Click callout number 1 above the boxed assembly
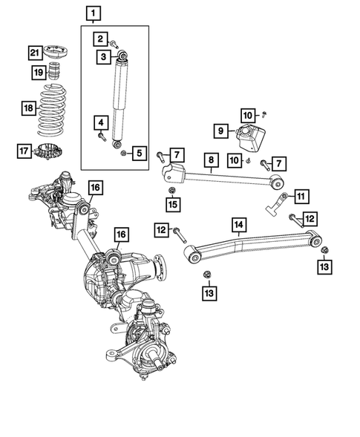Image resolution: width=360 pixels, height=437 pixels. [x=92, y=13]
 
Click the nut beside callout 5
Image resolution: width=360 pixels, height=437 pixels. [x=123, y=153]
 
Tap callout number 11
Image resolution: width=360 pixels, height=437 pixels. [x=301, y=196]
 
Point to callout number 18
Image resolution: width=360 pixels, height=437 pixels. [x=27, y=108]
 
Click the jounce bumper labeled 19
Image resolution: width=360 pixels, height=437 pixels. [x=54, y=73]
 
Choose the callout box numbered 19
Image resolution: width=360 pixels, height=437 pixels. [x=37, y=72]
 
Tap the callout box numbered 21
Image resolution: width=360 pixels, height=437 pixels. [x=35, y=52]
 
